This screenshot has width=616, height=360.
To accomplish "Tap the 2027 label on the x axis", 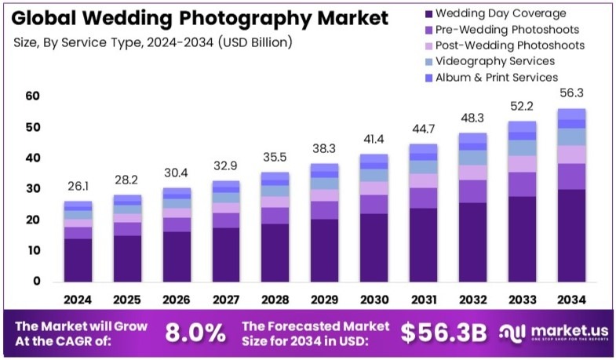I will tap(226, 299).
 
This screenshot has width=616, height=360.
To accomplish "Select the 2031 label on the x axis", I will tap(424, 299).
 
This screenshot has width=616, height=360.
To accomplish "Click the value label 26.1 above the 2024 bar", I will tap(78, 187).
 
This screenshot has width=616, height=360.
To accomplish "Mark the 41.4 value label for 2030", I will tap(374, 140).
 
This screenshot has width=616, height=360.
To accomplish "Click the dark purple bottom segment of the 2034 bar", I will tap(572, 235).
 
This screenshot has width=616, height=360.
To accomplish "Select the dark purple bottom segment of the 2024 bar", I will tap(78, 260).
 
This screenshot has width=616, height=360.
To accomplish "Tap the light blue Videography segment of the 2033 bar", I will tap(523, 147).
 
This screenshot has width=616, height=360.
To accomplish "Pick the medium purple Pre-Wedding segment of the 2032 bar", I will tap(473, 191).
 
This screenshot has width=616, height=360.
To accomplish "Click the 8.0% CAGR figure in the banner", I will tap(195, 333).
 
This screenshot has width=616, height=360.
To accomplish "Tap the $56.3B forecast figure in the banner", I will tap(443, 333).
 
